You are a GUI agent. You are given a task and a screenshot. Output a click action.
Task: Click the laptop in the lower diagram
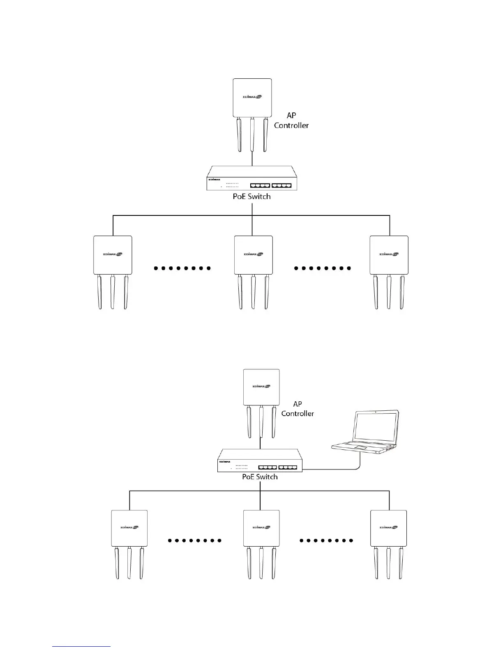366,433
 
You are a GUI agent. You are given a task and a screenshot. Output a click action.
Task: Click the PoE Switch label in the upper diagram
251,197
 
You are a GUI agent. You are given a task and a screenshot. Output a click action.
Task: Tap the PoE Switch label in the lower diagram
260,477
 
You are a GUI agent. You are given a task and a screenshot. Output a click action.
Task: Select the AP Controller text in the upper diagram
291,121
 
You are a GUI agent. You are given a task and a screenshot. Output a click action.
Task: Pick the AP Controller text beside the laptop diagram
298,409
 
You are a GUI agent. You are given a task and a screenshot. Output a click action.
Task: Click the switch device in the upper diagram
251,178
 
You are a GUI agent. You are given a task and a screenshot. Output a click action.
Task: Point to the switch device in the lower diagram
260,460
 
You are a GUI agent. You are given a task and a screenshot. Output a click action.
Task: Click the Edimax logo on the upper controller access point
251,97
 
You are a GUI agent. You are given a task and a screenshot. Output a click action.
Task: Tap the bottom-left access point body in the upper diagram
113,255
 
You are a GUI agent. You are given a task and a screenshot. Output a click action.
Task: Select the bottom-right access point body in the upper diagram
389,255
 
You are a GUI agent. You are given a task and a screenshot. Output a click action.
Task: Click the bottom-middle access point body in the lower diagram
261,528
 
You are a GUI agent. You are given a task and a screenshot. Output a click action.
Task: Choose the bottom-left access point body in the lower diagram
129,528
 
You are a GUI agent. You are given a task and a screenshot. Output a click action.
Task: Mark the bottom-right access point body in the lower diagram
388,528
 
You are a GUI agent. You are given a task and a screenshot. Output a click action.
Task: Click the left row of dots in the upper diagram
182,268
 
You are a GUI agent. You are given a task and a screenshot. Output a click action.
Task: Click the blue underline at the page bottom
81,646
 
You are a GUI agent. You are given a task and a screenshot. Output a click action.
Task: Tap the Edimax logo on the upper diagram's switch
215,179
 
